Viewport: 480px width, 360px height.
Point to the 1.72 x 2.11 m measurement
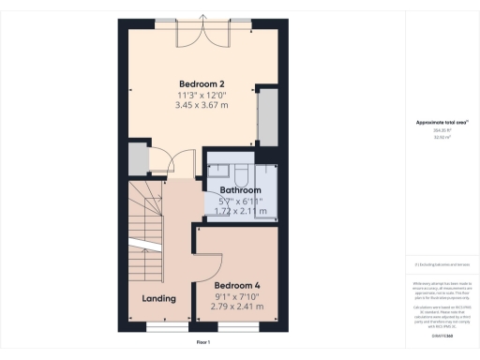point(241,211)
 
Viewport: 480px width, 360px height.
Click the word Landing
point(158,299)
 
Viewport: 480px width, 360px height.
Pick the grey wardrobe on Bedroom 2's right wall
point(266,116)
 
